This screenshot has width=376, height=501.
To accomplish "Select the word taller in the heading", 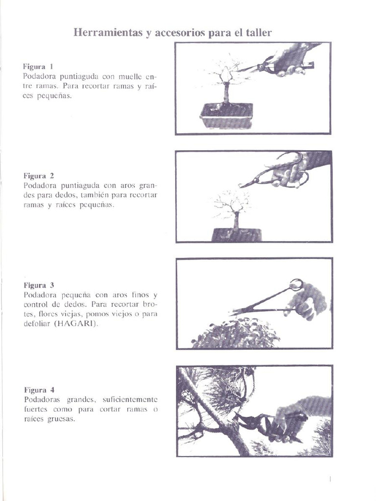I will coord(259,33).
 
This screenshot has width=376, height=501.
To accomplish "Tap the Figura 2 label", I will coord(39,175).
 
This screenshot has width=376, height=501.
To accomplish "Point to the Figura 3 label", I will coord(39,285).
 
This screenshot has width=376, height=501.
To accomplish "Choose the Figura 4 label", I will coord(39,390).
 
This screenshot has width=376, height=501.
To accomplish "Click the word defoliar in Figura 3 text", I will coord(37,323).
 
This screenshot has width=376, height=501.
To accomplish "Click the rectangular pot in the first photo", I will coord(226,115).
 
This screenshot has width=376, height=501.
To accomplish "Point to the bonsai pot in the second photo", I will coord(236,235).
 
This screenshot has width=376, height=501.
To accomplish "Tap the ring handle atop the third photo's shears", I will coord(296,284).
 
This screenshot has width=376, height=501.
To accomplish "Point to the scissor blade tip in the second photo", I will coord(241,186).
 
